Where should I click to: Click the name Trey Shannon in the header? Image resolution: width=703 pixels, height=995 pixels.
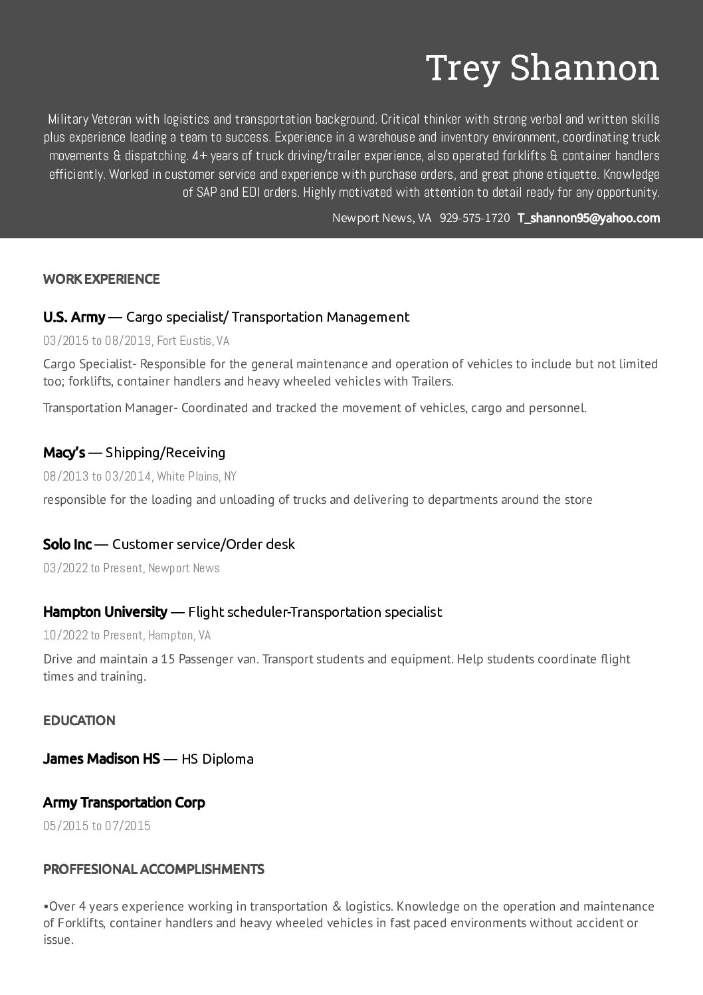point(542,68)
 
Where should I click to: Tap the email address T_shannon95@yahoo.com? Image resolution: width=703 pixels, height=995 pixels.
point(588,218)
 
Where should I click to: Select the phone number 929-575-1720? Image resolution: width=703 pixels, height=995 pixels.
point(474,218)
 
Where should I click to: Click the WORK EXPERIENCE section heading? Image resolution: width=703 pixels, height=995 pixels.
point(101,279)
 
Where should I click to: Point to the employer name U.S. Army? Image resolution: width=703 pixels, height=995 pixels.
point(74,317)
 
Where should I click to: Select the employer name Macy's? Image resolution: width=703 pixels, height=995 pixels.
point(64,453)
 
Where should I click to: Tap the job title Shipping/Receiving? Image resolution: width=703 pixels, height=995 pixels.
point(165,453)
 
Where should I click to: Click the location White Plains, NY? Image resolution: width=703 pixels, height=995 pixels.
point(196,477)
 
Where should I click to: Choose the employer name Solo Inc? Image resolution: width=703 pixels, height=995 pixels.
point(67,544)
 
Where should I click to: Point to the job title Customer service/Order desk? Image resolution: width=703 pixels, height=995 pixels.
point(203,544)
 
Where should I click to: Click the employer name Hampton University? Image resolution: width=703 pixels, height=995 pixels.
point(105,611)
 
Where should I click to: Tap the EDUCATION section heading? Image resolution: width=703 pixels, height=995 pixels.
point(79,720)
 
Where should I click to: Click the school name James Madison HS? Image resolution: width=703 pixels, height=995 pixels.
point(101,759)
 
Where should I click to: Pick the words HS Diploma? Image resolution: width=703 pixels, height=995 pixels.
point(217,759)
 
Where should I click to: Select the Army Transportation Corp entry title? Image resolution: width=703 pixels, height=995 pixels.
point(124,802)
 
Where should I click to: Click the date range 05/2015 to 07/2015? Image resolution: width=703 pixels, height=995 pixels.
point(96,826)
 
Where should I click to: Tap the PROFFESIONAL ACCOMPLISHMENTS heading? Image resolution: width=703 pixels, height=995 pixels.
point(153,869)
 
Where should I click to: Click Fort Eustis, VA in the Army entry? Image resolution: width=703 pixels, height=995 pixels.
point(193,341)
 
